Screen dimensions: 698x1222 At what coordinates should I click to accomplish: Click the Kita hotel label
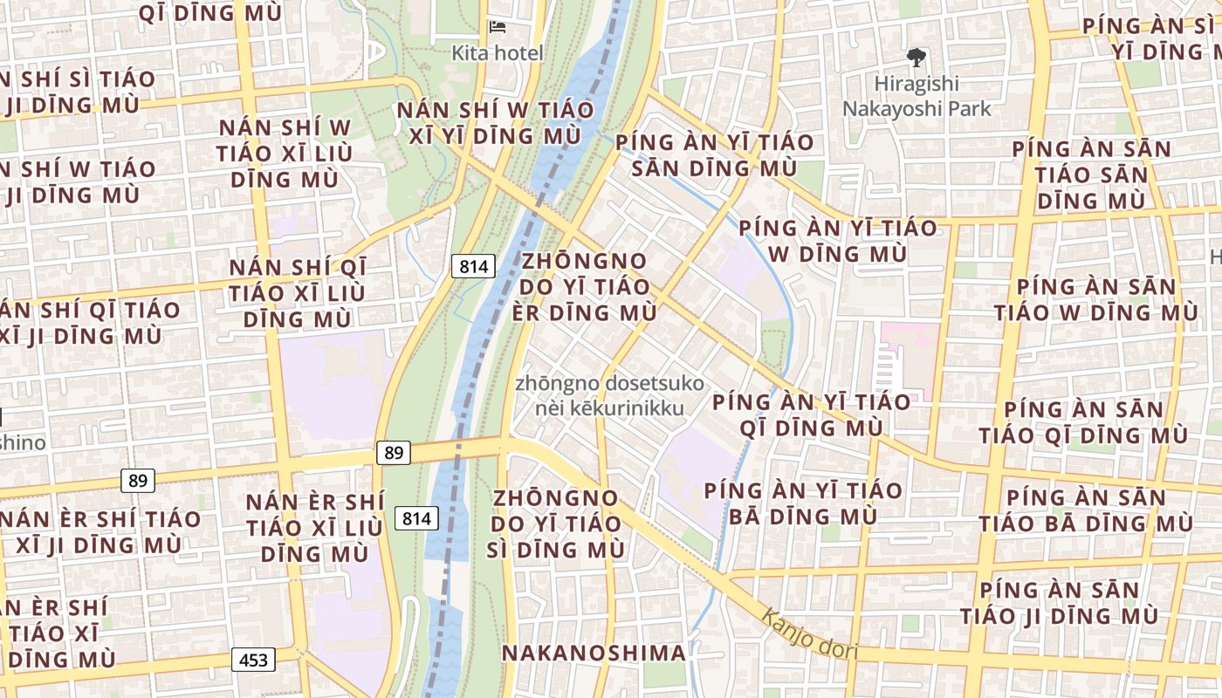[497, 53]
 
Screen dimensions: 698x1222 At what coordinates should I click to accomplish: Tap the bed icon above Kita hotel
[498, 27]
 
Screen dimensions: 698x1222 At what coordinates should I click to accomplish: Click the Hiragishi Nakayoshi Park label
[916, 96]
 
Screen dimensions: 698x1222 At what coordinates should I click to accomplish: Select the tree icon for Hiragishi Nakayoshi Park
[916, 58]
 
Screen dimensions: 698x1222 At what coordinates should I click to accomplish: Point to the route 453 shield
[253, 660]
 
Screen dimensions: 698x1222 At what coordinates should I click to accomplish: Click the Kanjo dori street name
[809, 634]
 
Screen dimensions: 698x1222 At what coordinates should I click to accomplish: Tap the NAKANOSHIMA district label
[594, 653]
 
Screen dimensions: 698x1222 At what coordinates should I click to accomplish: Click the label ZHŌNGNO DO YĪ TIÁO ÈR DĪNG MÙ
[585, 286]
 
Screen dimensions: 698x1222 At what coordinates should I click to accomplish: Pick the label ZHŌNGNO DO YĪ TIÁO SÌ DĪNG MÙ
[557, 523]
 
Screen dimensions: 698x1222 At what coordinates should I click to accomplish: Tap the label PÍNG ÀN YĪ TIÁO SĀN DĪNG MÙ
[714, 154]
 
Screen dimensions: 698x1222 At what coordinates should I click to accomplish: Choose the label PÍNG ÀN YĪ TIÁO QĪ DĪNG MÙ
[812, 414]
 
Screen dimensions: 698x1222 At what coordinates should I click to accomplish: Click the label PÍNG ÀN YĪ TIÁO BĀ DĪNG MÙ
[803, 503]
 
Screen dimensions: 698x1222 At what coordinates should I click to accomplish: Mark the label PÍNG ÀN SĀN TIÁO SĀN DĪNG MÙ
[1091, 174]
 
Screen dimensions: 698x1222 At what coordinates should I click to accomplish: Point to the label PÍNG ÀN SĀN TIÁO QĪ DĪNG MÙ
[1083, 422]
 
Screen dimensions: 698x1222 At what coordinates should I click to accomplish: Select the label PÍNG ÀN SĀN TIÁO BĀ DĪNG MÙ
[1085, 510]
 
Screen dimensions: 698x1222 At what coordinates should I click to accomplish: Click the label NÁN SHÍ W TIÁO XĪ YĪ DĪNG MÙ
[495, 123]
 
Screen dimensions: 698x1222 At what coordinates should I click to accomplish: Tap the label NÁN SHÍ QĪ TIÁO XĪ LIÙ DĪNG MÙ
[298, 293]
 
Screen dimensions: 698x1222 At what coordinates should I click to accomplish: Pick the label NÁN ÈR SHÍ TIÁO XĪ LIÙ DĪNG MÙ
[314, 527]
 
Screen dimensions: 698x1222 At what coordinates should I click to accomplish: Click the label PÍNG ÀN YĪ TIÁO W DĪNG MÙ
[838, 241]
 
